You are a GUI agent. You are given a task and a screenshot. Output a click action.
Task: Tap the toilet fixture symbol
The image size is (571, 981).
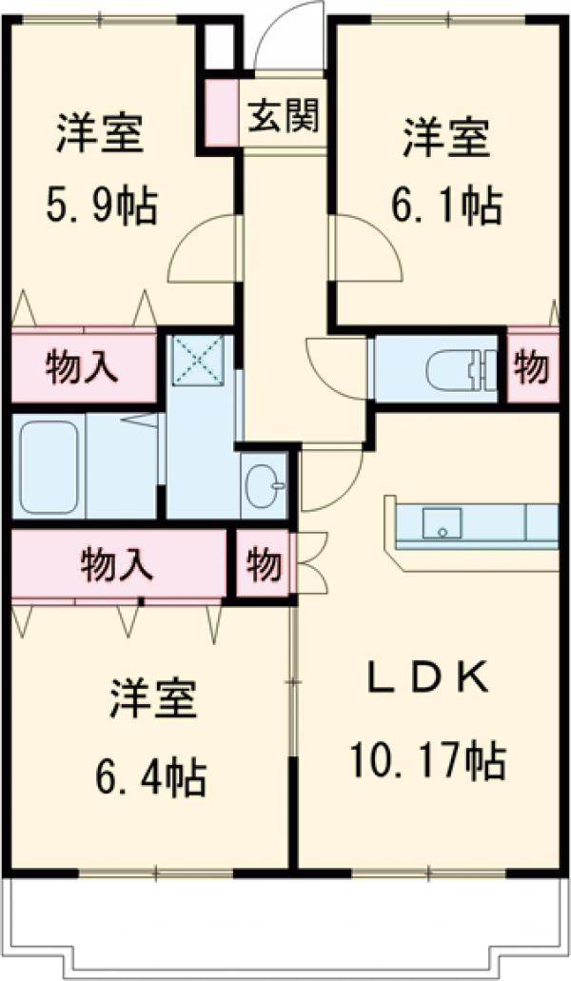coord(457,369)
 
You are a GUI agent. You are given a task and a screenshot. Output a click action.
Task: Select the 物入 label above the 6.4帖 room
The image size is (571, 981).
coord(116,564)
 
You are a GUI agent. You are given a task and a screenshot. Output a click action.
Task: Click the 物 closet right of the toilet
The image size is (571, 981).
coord(532,368)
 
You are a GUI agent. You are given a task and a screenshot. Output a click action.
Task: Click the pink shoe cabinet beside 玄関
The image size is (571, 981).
coord(222,114)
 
